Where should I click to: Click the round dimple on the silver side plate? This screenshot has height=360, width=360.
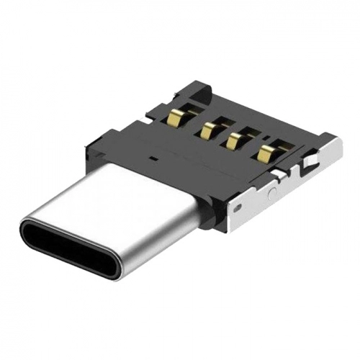point(271,192)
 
